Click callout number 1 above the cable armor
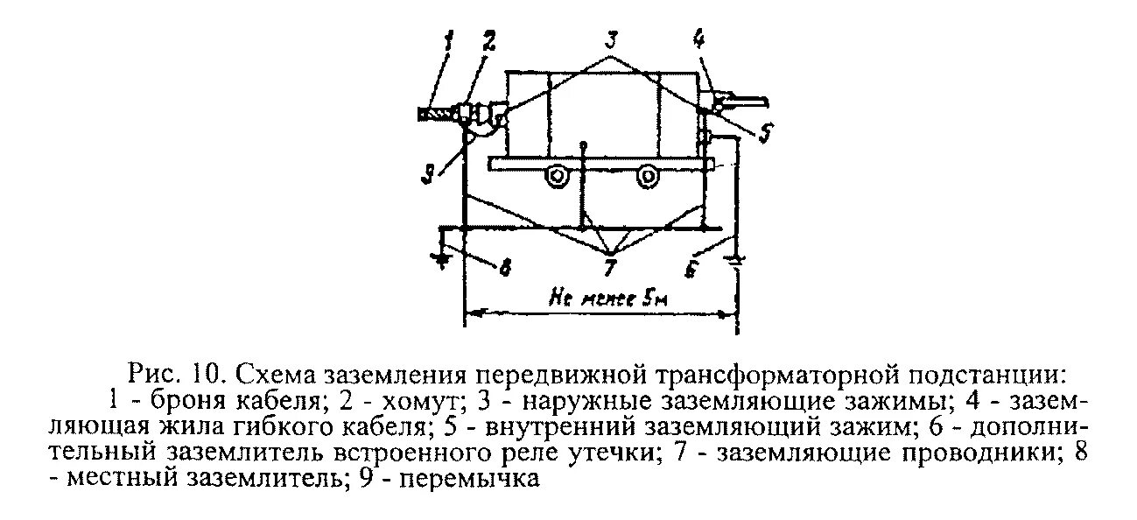[x=450, y=41]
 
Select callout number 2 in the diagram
[x=487, y=41]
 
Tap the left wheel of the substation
[x=555, y=177]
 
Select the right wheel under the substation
[x=647, y=177]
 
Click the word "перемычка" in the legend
[x=475, y=480]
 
